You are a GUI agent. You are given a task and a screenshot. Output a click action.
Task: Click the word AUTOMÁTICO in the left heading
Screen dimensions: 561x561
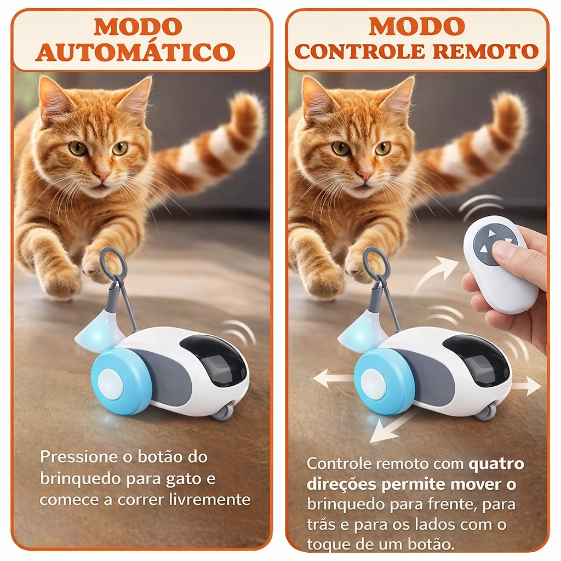[135, 52]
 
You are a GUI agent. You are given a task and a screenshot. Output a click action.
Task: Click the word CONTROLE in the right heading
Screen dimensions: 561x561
[359, 51]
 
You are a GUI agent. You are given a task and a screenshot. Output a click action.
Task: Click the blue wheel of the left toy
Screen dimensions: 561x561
[122, 381]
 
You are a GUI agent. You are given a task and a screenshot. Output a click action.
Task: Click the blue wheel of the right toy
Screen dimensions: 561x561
[385, 381]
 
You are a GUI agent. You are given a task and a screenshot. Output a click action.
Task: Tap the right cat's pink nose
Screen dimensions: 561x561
[365, 175]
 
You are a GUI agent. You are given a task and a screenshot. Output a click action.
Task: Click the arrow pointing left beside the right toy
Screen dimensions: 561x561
[333, 378]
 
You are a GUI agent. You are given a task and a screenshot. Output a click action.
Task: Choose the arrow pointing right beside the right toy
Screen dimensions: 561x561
[526, 386]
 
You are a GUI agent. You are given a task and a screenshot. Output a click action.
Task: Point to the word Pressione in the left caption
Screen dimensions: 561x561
[79, 457]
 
